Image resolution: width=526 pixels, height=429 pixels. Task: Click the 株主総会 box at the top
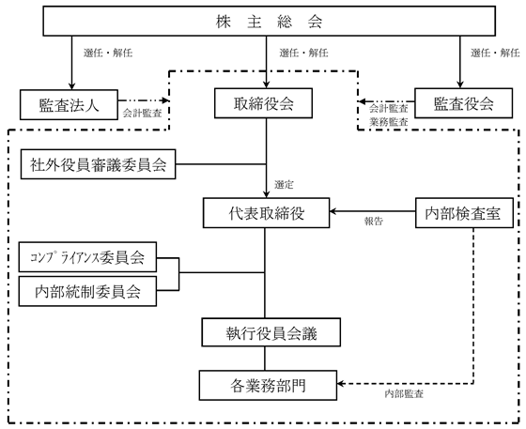pos(269,21)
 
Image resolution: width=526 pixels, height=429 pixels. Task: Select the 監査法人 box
pos(69,104)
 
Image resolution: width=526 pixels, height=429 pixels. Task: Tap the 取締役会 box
pos(263,103)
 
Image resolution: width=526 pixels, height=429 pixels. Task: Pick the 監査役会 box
pos(464,103)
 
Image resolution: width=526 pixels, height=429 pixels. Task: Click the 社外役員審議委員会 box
pos(98,164)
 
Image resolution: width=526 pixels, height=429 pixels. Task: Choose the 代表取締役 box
pos(267,213)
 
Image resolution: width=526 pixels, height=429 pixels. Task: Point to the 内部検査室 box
pos(464,213)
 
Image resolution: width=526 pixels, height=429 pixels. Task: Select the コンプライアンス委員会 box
pos(87,257)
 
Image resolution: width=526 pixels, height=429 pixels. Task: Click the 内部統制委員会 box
pos(87,291)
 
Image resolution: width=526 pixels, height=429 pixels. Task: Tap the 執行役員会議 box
pos(271,332)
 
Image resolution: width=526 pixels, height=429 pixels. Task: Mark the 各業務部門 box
pos(268,385)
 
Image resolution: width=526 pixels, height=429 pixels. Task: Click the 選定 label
pos(284,184)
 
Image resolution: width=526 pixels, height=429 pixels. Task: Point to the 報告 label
pos(374,221)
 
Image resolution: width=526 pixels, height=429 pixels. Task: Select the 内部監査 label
pos(404,394)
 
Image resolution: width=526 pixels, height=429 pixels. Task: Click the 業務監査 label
pos(389,122)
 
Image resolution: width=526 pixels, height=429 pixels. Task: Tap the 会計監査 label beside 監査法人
pos(142,113)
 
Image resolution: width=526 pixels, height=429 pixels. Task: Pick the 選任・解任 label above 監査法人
pos(108,53)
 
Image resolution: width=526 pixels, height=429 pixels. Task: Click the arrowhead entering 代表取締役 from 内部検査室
pos(333,211)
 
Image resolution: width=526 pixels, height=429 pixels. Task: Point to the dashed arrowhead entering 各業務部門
pos(341,383)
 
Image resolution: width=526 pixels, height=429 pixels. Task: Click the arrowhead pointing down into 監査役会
pos(460,84)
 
